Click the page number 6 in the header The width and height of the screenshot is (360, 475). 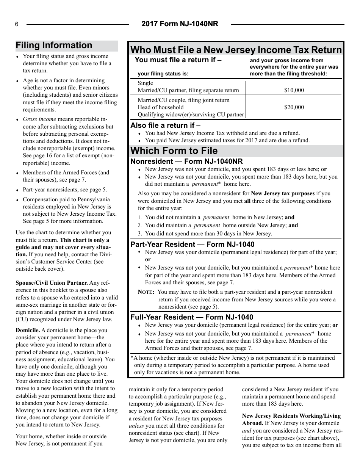click(x=17, y=25)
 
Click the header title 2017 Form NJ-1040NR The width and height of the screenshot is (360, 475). click(x=180, y=24)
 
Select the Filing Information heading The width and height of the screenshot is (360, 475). click(x=54, y=45)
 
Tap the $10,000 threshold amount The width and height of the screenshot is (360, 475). click(x=294, y=90)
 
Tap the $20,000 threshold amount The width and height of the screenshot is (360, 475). click(x=294, y=107)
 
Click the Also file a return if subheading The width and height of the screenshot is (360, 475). click(x=166, y=125)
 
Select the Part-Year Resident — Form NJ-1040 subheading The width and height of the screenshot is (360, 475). click(x=193, y=245)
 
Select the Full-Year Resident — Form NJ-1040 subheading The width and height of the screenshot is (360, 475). click(x=192, y=317)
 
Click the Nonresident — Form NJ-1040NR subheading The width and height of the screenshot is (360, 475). click(x=186, y=161)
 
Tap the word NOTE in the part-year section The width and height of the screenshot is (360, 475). click(x=146, y=292)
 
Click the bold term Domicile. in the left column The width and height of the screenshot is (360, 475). click(x=28, y=330)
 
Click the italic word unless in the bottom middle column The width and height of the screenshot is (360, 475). click(x=136, y=426)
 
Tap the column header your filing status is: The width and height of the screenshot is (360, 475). click(x=163, y=74)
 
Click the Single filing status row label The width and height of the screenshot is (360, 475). click(x=146, y=83)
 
